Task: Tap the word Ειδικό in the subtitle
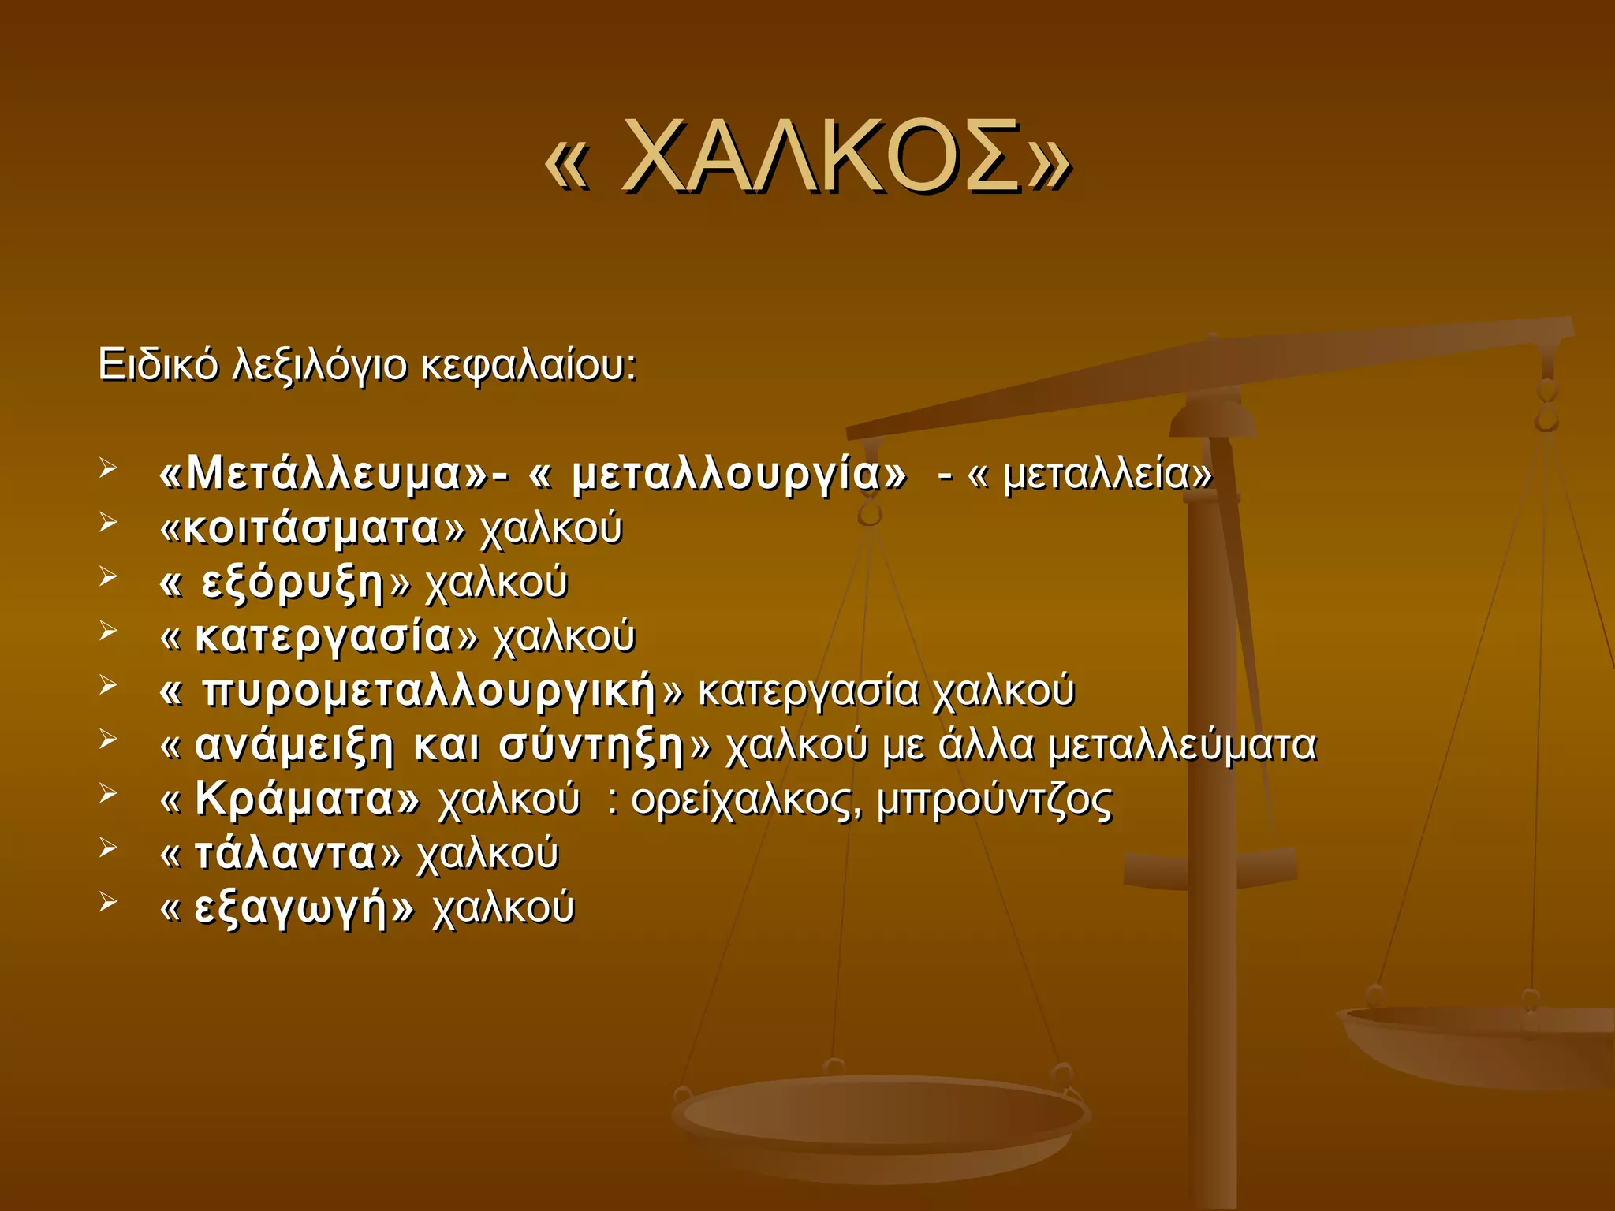[158, 365]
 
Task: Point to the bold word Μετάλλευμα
[323, 475]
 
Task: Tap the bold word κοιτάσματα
[311, 528]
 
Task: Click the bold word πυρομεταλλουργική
[430, 691]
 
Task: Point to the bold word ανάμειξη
[293, 745]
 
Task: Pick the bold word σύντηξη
[591, 745]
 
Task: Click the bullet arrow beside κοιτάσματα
[109, 523]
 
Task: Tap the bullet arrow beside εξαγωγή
[109, 902]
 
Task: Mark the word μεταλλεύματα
[1183, 745]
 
